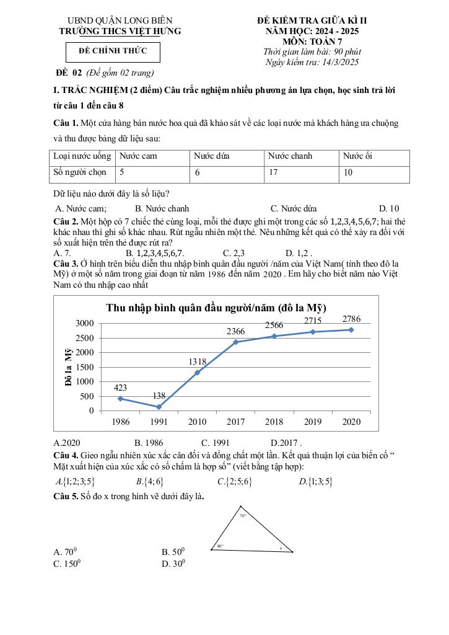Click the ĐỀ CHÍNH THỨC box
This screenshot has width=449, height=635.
point(113,51)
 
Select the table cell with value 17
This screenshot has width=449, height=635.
point(273,173)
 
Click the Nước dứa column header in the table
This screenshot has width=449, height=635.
point(211,156)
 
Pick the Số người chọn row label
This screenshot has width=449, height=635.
point(80,173)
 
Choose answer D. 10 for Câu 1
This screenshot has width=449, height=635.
point(389,209)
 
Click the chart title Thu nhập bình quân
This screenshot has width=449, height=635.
point(216,308)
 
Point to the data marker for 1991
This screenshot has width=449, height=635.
point(159,407)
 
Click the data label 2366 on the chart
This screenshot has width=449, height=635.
point(236,332)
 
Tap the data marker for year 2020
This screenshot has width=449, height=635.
point(351,330)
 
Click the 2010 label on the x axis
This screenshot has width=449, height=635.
point(197,422)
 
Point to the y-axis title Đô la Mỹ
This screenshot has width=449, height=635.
point(69,367)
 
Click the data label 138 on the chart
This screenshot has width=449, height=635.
point(159,396)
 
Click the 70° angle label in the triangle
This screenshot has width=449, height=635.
point(243,515)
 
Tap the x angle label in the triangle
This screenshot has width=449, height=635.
point(280,548)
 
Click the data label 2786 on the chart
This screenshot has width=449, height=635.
point(351,319)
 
